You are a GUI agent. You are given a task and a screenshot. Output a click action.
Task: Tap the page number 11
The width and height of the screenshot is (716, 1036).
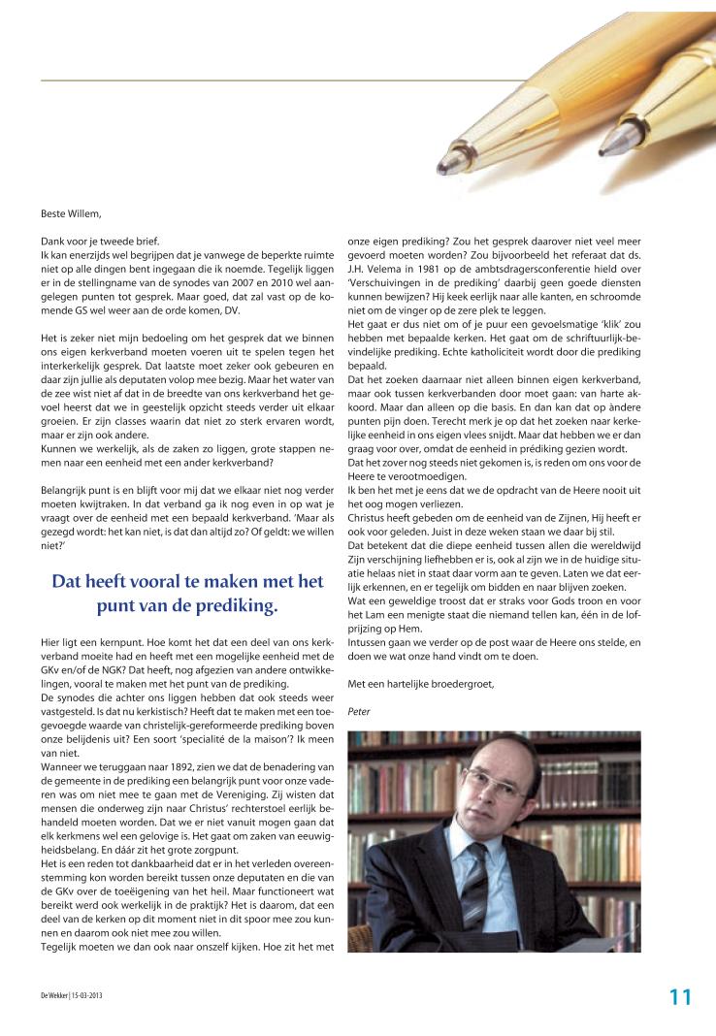(680, 996)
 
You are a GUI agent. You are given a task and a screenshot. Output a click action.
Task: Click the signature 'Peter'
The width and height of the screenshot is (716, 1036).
(358, 711)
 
